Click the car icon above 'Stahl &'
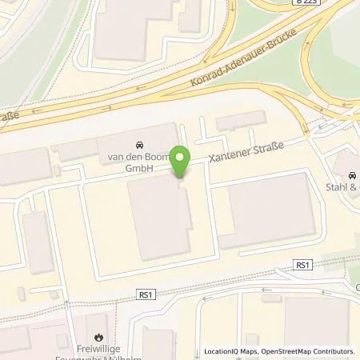(x=352, y=176)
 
